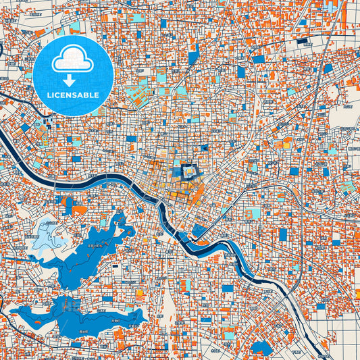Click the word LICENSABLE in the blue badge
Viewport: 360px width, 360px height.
pos(73,95)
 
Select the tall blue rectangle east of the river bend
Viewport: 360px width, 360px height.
pos(283,234)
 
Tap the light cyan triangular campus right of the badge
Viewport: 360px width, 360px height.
pos(142,98)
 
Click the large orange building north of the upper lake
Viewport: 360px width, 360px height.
pos(80,210)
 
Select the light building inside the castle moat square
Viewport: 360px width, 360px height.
pos(191,173)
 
